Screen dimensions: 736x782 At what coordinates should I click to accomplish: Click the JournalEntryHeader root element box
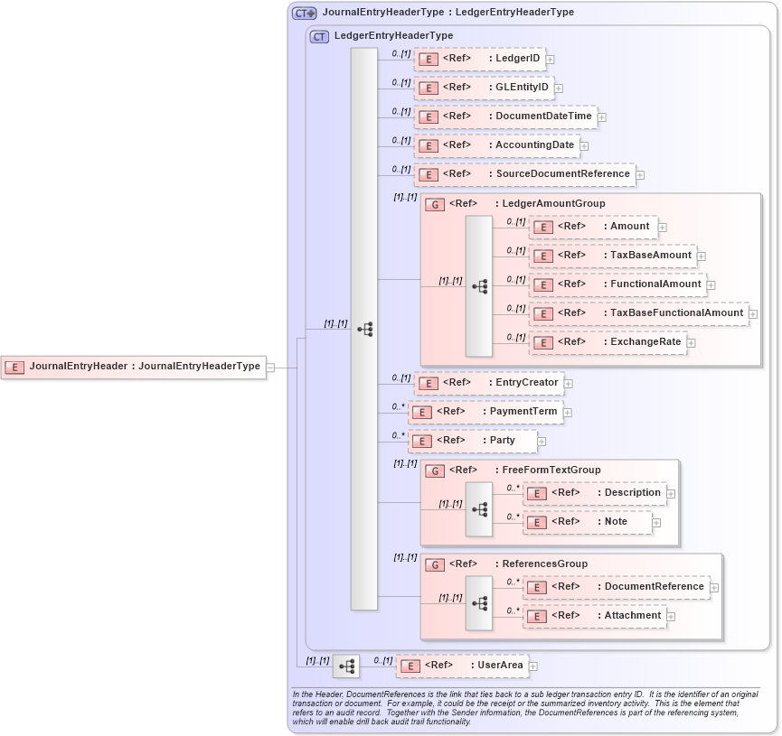click(x=134, y=367)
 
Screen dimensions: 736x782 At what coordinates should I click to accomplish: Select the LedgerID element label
click(x=517, y=59)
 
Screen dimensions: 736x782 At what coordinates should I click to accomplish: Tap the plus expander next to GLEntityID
click(x=559, y=88)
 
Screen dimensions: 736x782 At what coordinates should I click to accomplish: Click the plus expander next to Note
click(x=656, y=522)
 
